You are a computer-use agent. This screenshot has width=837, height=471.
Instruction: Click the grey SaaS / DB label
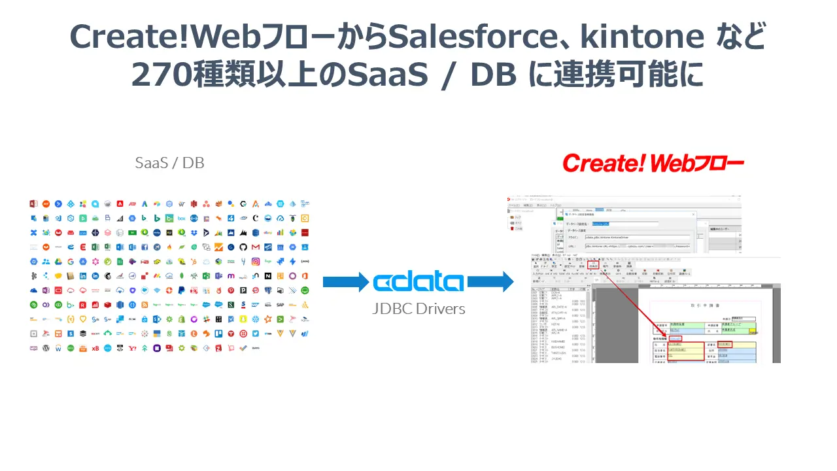click(169, 163)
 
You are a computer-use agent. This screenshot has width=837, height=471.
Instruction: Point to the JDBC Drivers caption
click(418, 309)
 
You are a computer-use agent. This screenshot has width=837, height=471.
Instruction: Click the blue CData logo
click(418, 282)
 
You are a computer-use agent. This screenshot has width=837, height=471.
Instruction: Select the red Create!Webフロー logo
click(653, 163)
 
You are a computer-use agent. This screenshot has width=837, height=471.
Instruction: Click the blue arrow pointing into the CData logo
click(346, 283)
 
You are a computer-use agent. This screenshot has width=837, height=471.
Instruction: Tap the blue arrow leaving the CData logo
click(490, 283)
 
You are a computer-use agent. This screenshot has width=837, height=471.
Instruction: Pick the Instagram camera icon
click(254, 261)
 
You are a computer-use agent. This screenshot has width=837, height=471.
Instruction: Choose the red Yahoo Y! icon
click(132, 348)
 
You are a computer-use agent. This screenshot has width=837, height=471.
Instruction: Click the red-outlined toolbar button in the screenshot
click(593, 266)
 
